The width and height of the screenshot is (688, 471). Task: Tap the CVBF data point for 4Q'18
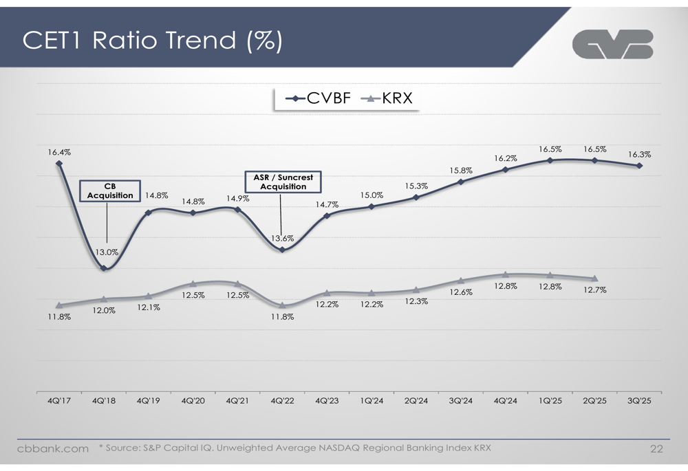coord(103,268)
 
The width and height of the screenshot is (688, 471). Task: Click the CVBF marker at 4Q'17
coord(59,164)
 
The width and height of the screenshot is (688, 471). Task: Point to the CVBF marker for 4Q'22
coord(282,250)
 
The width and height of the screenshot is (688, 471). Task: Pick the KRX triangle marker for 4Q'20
coord(193,283)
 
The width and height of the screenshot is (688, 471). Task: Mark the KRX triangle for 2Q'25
coord(595,278)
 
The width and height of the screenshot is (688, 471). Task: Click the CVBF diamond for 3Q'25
coord(640,166)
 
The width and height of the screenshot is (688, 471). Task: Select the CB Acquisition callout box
coord(110,190)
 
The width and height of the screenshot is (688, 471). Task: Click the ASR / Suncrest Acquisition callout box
coord(283,182)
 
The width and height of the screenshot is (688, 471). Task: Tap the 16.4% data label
coord(58,152)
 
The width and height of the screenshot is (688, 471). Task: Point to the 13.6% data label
coord(282,239)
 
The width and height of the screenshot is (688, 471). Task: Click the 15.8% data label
coord(461,171)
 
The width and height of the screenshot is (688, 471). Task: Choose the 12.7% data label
coord(595,290)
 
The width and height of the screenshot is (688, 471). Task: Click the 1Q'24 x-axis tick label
coord(372,401)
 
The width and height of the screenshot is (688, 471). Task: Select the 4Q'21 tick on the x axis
coord(237,401)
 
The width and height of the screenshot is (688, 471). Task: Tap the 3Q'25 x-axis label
coord(640,401)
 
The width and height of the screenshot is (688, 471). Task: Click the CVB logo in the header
coord(612,44)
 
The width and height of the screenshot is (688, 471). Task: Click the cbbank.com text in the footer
coord(53,449)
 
